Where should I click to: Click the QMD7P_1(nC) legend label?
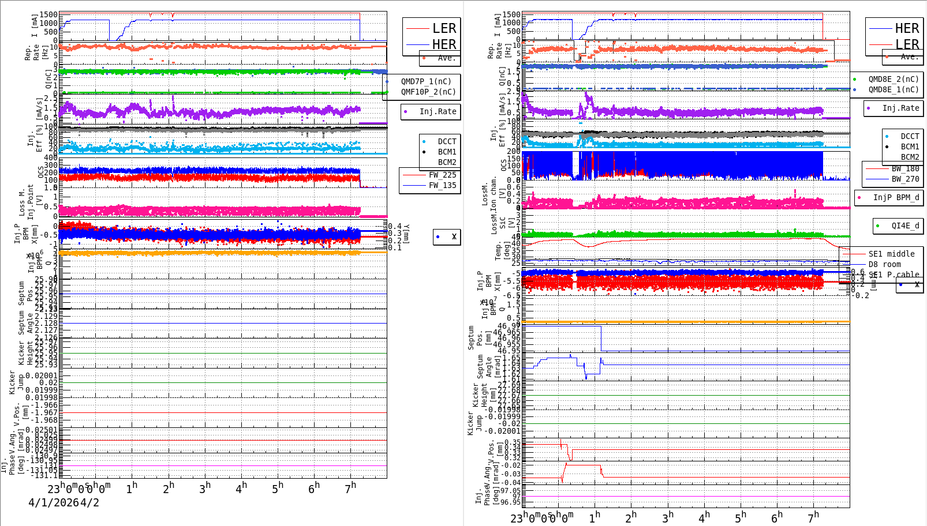click(426, 81)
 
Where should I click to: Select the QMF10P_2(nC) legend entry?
click(428, 92)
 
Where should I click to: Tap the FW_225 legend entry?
click(442, 175)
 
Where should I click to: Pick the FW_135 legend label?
click(442, 185)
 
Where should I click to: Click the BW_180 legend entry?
click(905, 168)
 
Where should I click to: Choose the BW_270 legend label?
click(905, 179)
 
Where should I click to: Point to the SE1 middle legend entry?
click(891, 254)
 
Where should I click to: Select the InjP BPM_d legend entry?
click(896, 197)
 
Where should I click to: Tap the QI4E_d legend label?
click(905, 226)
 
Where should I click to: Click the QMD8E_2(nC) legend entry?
click(894, 79)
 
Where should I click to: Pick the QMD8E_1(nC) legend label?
click(894, 89)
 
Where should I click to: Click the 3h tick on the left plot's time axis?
click(205, 488)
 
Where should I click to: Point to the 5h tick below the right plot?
click(741, 517)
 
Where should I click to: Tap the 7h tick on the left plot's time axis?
click(350, 488)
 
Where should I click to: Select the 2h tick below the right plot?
click(631, 517)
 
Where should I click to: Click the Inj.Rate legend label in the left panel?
click(438, 111)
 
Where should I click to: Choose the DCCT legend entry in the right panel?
click(910, 136)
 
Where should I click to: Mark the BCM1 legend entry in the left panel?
click(447, 152)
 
